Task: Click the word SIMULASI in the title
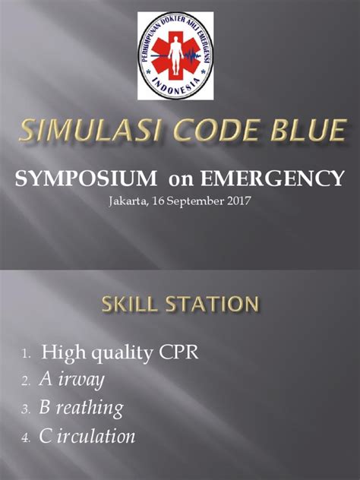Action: tap(86, 133)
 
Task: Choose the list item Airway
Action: tap(73, 381)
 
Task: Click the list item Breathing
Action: tap(82, 409)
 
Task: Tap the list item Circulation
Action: tap(88, 437)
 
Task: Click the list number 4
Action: tap(25, 438)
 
